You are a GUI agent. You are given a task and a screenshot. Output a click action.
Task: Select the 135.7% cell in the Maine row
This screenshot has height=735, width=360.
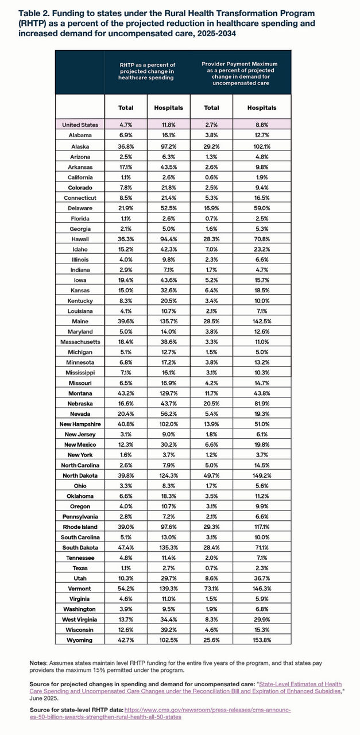click(169, 321)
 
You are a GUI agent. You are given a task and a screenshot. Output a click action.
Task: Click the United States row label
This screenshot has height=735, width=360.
click(80, 125)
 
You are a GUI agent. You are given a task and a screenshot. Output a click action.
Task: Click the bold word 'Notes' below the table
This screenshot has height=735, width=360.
click(39, 663)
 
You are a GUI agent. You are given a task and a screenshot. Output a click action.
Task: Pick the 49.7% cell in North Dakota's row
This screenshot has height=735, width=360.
click(211, 475)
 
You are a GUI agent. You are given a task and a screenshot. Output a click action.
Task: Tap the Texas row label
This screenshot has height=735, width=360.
click(80, 567)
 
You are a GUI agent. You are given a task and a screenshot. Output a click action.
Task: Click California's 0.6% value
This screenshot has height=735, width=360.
click(211, 177)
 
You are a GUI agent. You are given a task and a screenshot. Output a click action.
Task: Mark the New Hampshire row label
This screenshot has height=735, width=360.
click(80, 424)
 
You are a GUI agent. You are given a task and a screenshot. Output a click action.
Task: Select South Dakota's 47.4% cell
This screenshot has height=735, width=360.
click(126, 547)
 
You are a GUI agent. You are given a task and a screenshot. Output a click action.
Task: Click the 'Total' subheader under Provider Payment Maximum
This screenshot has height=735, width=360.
click(211, 107)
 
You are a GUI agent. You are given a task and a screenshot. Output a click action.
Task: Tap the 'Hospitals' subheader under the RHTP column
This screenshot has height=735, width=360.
click(169, 107)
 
